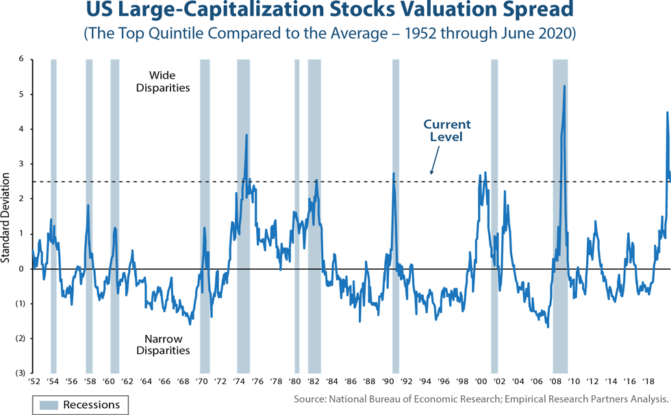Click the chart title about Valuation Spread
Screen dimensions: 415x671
coord(335,12)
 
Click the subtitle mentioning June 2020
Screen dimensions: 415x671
coord(335,33)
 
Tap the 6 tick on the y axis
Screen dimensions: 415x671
coord(22,59)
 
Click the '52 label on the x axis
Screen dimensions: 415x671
coord(33,381)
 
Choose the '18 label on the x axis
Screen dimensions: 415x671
coord(648,381)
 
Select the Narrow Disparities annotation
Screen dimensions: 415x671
coord(166,344)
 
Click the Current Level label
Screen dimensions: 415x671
coord(446,130)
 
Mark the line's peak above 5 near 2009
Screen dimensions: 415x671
coord(564,86)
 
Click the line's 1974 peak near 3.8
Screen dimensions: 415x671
coord(246,135)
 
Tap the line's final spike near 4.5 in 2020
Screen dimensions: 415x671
coord(667,112)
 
